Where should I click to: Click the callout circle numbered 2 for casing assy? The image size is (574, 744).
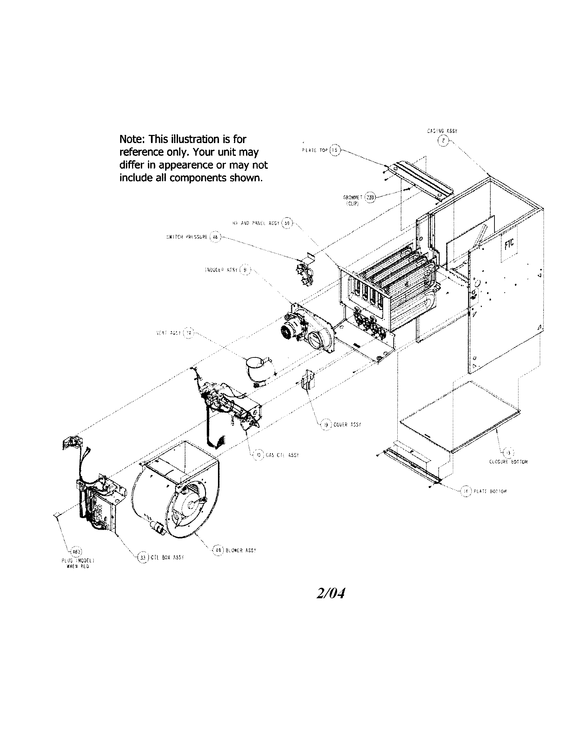[443, 141]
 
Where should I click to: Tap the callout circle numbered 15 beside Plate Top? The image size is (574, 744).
[335, 150]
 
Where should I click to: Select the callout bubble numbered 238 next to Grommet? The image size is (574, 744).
[370, 197]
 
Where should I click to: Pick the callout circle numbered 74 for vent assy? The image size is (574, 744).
[188, 333]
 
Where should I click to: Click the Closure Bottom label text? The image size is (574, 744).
[508, 462]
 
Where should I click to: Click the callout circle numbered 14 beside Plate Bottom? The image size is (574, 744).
[466, 491]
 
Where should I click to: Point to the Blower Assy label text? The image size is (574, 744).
[241, 550]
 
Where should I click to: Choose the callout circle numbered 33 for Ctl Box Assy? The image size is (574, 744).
[143, 557]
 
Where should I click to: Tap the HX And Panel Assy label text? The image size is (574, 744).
[256, 223]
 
